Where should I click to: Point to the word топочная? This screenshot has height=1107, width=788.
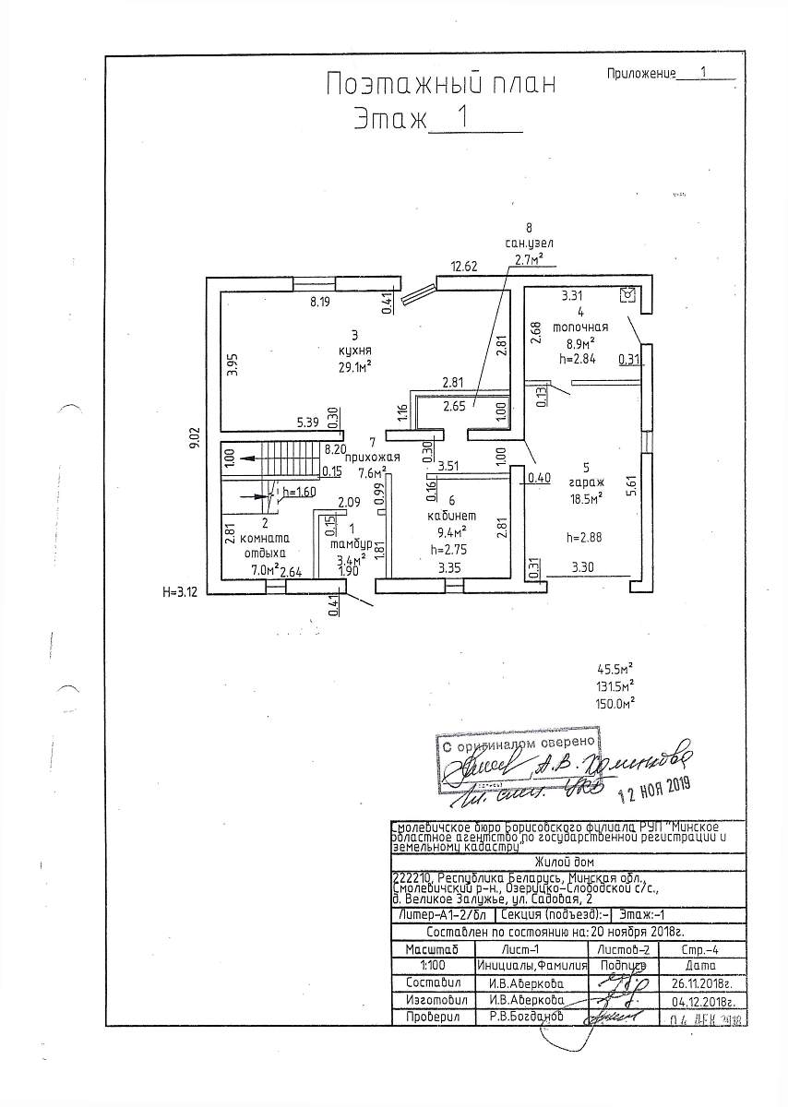(x=579, y=327)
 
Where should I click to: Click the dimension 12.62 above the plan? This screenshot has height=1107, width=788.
(x=463, y=268)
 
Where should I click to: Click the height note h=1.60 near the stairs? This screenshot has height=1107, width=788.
(x=301, y=493)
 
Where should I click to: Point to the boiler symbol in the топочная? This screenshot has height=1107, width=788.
(x=628, y=294)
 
